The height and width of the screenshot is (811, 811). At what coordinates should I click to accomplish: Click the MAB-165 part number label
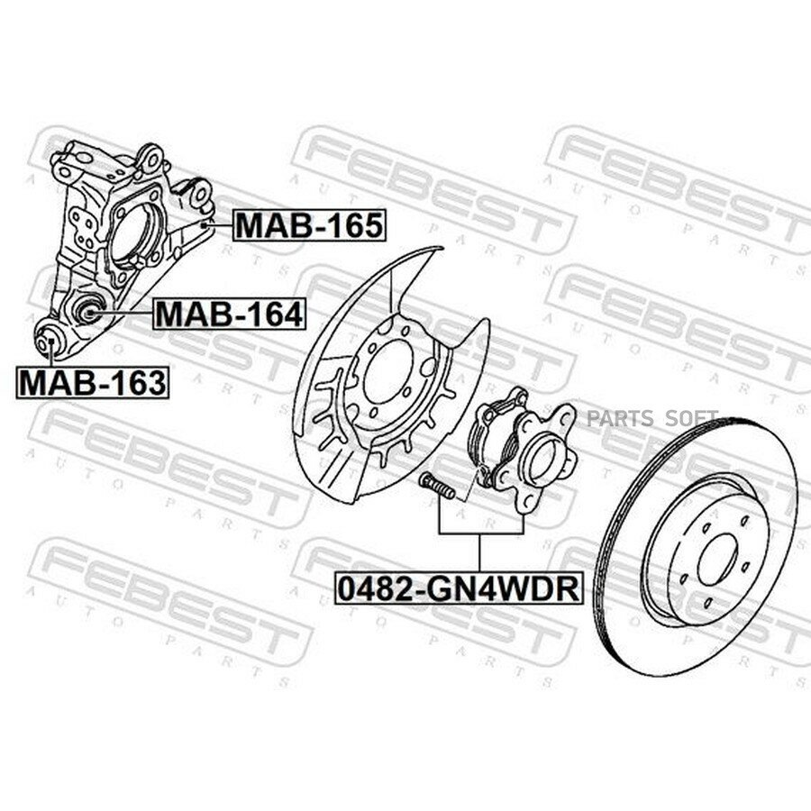point(309,225)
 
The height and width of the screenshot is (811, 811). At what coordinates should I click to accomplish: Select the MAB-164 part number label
point(230,314)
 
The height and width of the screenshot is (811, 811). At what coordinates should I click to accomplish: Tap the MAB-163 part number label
point(93,382)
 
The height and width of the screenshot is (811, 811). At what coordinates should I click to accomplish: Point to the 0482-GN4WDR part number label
point(459,588)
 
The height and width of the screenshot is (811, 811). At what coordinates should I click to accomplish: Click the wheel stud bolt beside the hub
point(438,487)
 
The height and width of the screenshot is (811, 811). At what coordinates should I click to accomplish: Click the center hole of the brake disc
point(718,560)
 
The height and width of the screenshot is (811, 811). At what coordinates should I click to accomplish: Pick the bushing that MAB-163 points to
point(48,341)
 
